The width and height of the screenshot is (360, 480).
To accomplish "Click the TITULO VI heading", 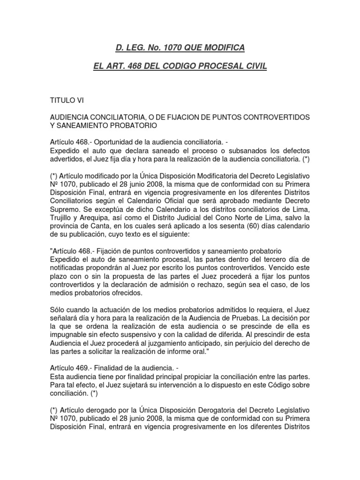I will tap(67, 100).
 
